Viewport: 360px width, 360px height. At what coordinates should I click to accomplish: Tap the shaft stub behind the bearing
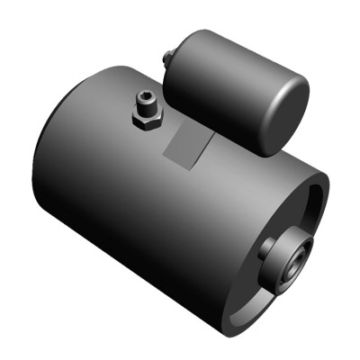[267, 249]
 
